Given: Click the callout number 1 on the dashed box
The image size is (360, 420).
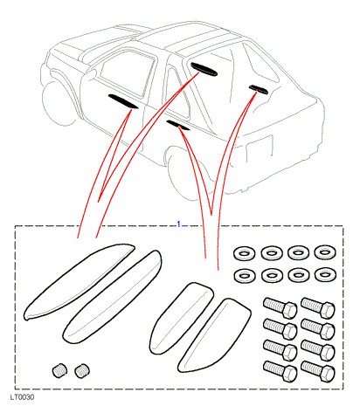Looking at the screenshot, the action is [179, 224].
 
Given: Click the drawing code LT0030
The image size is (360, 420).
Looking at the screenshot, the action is [23, 397].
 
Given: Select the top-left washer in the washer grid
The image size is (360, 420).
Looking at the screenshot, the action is [244, 253].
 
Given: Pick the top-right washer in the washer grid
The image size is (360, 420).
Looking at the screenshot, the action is [325, 252].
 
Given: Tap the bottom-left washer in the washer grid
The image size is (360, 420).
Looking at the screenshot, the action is [245, 275].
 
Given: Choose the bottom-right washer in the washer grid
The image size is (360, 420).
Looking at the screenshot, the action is [325, 274].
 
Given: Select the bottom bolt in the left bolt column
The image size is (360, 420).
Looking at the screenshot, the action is [280, 371].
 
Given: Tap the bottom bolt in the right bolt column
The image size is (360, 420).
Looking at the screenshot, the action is [317, 371].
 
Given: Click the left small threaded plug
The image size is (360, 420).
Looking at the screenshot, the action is [59, 370].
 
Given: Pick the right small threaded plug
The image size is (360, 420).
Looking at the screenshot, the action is [82, 371].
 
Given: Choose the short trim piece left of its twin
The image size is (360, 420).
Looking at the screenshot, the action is [182, 317].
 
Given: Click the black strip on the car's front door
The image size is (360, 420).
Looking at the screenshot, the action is [123, 101].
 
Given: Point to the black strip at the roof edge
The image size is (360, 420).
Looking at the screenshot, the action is [204, 69].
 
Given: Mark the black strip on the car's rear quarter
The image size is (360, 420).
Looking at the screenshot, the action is [259, 89].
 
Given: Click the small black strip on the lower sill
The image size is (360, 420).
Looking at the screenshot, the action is [178, 126].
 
